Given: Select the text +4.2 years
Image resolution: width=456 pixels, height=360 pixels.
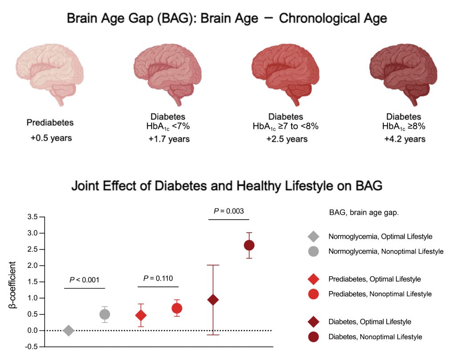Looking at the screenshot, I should pos(404,139).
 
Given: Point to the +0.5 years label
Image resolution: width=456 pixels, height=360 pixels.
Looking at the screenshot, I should pos(49,138).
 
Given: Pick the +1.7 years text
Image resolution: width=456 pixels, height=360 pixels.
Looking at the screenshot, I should pos(169,139).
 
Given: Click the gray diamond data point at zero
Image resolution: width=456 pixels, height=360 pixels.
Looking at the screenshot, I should pos(69,331).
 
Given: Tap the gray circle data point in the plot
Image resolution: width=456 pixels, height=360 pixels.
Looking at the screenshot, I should pos(105,314).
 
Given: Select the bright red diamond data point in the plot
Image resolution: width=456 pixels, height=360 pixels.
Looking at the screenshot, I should pos(141,315).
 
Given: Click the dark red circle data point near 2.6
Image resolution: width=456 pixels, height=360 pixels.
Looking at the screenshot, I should pos(249,245).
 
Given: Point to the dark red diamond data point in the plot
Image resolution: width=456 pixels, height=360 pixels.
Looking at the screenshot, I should pos(213,300).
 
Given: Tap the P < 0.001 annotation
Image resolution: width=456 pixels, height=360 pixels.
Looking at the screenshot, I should pos(84,280).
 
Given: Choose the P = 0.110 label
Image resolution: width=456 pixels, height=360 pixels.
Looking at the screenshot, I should pos(159,278).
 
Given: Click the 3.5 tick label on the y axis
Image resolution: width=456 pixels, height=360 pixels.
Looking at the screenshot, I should pos(33,217).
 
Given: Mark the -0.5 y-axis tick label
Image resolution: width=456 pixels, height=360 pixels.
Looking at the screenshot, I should pos(32,347).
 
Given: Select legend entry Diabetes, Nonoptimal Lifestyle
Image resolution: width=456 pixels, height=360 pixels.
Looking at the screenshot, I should pos(375,336).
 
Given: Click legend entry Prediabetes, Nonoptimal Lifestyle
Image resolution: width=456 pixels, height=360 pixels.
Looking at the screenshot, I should pos(380,294).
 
